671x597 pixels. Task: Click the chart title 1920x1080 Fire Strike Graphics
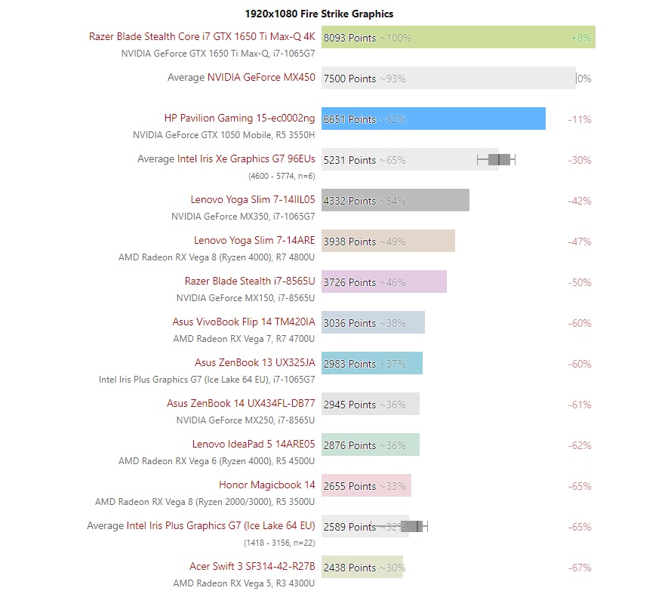tap(319, 14)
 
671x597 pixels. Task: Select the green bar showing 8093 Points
tap(458, 37)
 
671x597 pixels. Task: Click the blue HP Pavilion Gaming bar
tap(433, 118)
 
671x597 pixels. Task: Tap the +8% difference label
tap(581, 37)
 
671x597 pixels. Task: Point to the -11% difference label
tap(580, 119)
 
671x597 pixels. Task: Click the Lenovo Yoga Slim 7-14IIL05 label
tap(253, 200)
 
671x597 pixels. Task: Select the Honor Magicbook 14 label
tap(267, 485)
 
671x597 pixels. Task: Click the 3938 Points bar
tap(388, 241)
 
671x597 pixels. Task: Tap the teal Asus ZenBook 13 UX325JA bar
tap(371, 363)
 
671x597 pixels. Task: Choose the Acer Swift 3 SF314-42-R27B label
tap(252, 567)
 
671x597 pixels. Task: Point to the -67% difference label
tap(580, 568)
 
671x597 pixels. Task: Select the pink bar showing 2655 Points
tap(366, 485)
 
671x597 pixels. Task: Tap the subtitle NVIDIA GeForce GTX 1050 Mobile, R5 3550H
tap(224, 135)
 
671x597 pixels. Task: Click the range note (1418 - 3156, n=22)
tap(279, 543)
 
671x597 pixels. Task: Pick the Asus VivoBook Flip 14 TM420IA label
tap(244, 322)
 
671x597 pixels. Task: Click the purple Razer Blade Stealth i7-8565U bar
tap(383, 282)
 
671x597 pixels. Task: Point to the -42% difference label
tap(580, 201)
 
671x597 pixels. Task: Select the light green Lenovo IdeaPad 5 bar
tap(370, 445)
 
